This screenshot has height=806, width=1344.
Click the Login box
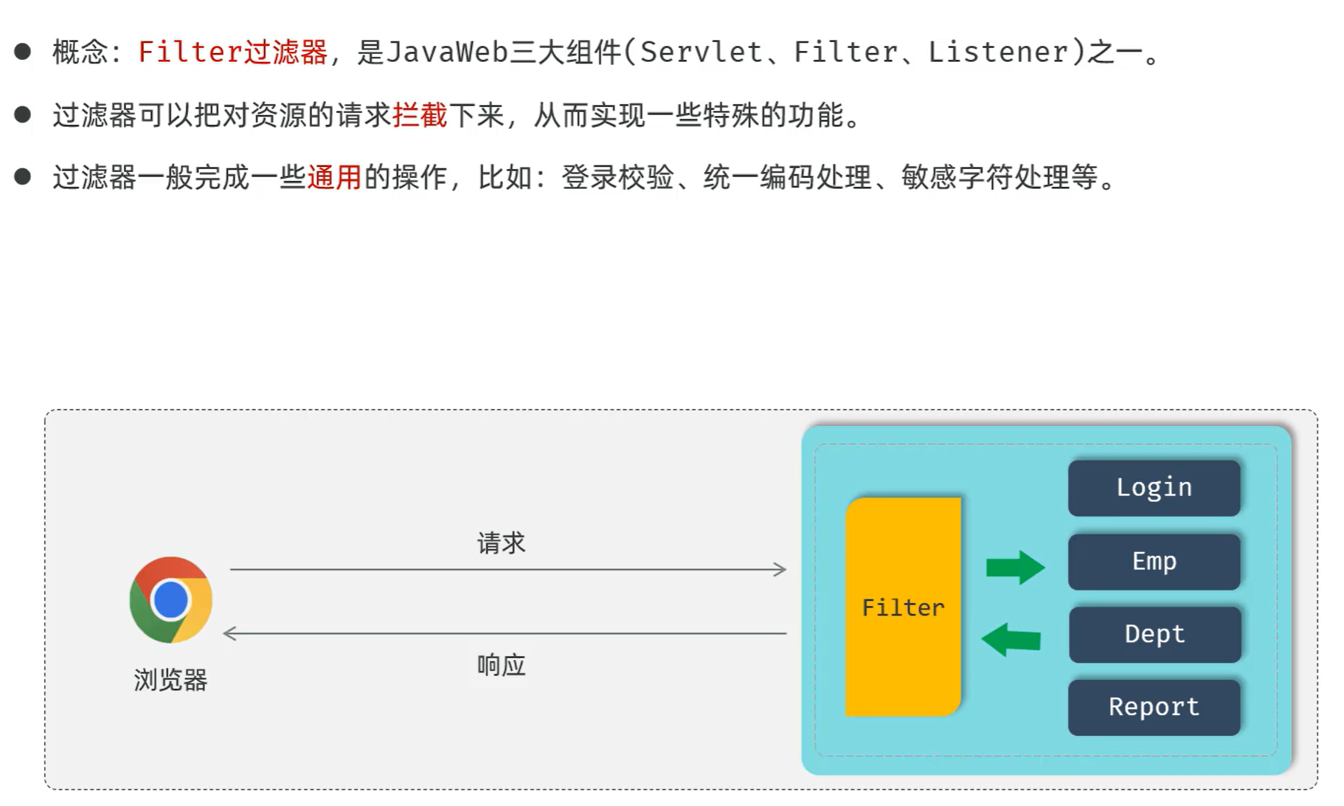1154,488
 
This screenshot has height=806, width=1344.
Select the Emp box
1154,562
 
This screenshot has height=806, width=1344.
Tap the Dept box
1154,635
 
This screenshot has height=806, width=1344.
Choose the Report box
1154,707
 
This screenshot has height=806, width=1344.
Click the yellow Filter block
903,607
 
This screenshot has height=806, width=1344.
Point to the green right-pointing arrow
1015,568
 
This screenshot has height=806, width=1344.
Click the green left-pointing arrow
1011,639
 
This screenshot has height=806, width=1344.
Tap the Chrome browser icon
170,599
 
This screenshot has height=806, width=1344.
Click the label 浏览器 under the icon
170,680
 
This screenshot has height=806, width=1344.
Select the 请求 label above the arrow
501,543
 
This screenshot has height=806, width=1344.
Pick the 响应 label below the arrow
501,665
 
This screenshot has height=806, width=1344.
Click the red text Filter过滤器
232,52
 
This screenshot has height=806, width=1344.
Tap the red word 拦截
420,115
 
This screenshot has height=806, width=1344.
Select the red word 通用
334,177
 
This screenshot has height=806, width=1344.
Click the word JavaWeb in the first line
448,52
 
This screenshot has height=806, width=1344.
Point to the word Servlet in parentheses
701,52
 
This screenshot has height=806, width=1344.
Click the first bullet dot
23,52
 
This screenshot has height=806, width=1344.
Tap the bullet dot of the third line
23,176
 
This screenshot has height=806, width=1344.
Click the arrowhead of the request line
780,569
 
